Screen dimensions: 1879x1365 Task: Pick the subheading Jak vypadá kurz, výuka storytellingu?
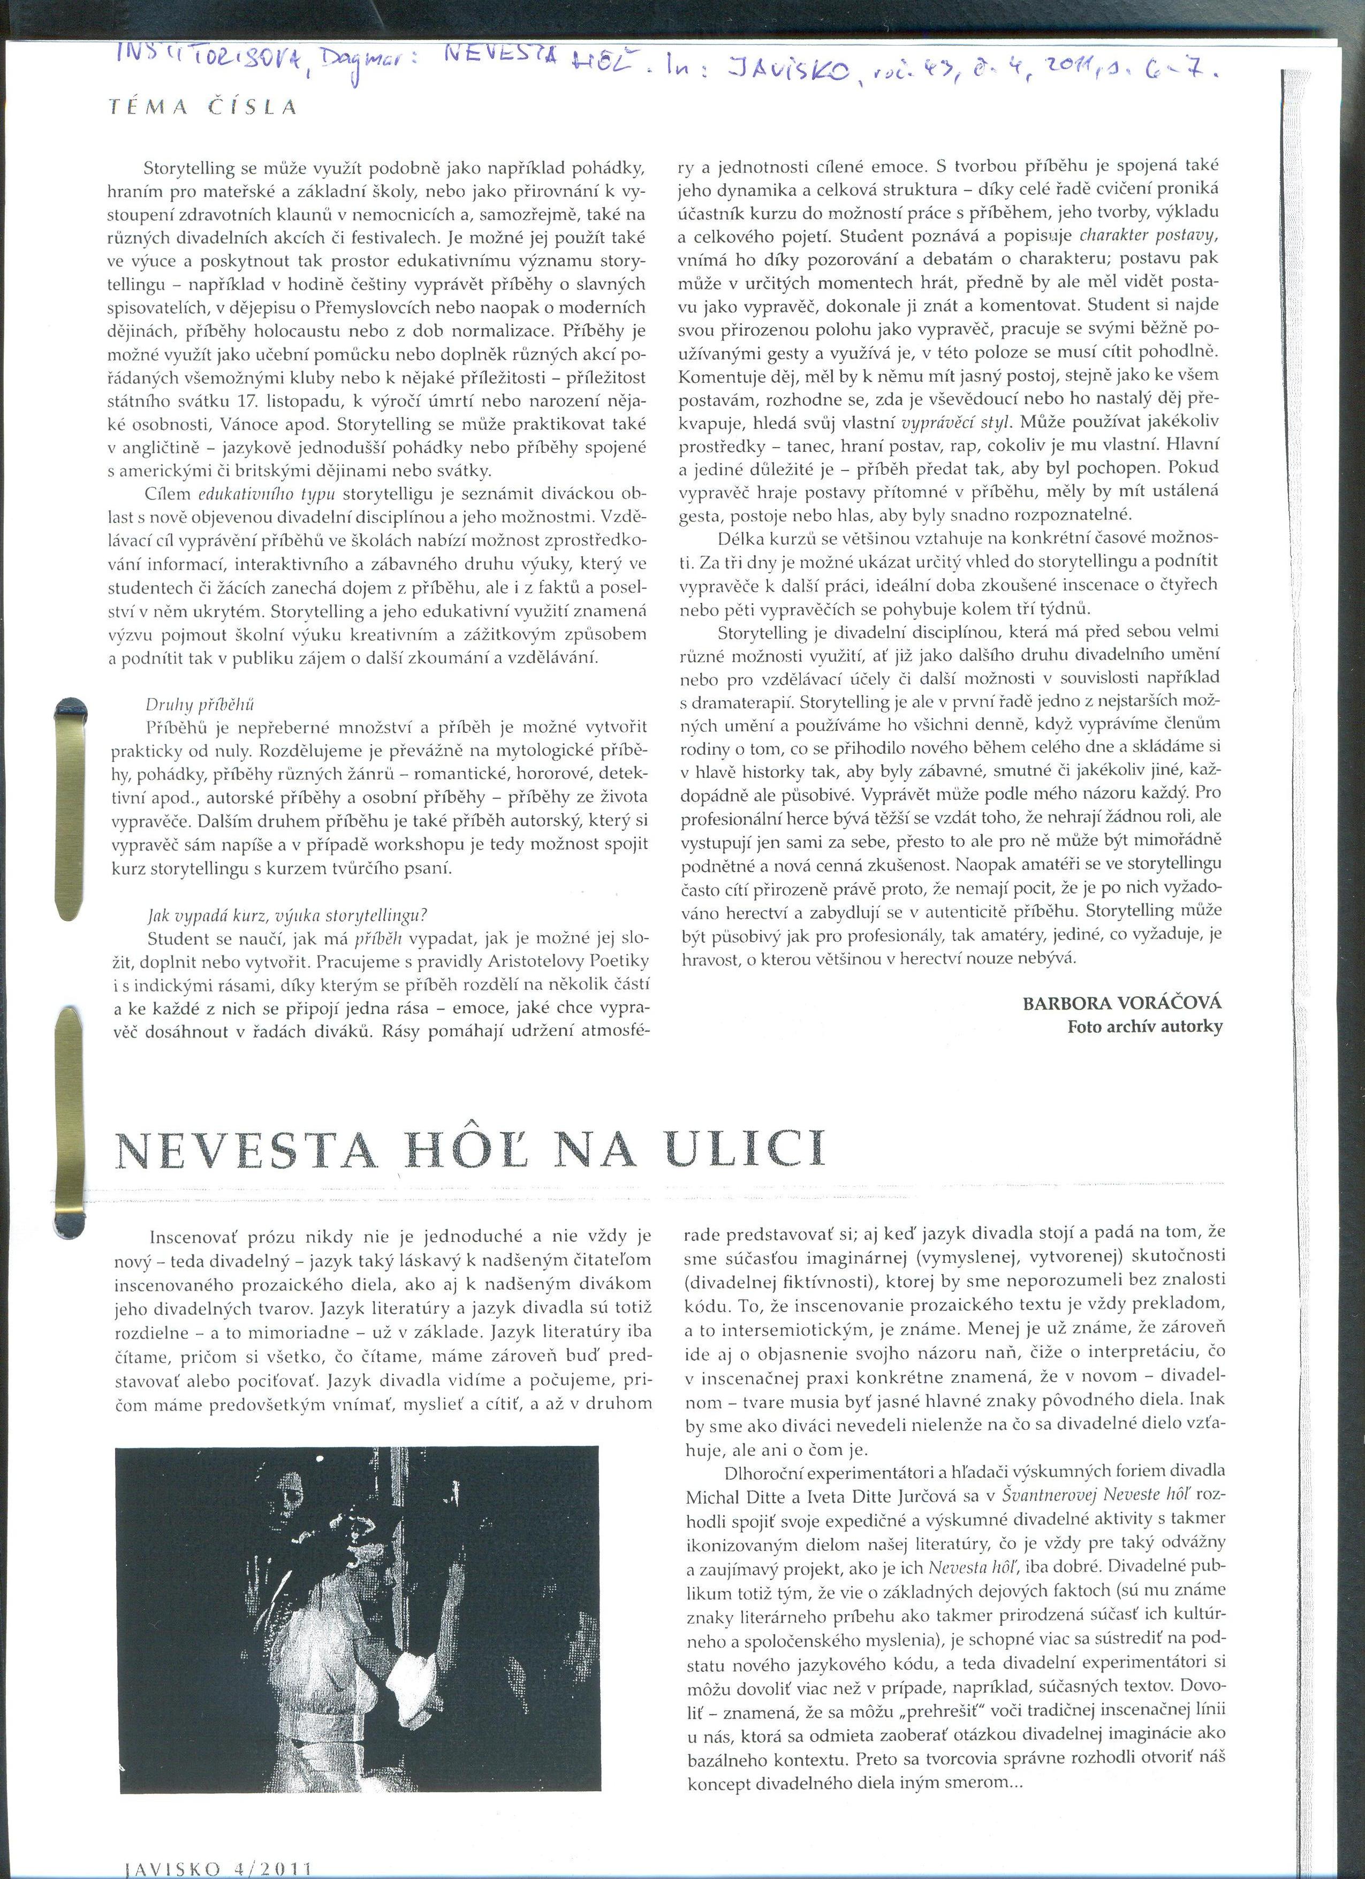[x=286, y=915]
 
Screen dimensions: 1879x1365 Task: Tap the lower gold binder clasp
[x=66, y=1110]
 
